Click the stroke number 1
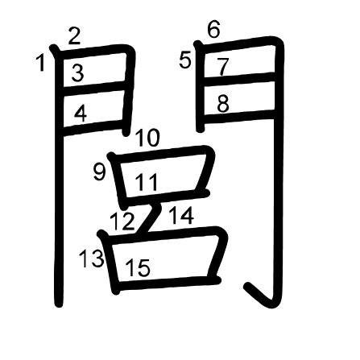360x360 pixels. (x=40, y=63)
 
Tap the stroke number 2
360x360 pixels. (x=74, y=36)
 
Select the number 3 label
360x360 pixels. (x=77, y=73)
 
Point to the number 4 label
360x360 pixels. (x=81, y=114)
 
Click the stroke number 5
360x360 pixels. (x=185, y=60)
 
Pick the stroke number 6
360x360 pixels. (x=213, y=29)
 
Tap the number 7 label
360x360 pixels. (x=223, y=67)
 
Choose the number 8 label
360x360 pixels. (x=223, y=104)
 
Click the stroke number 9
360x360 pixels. (x=99, y=172)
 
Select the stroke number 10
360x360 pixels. (x=147, y=138)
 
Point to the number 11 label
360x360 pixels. (x=147, y=182)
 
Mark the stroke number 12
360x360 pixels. (x=122, y=221)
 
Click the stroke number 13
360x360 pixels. (x=92, y=259)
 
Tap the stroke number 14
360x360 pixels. (x=181, y=215)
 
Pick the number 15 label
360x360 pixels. (x=138, y=267)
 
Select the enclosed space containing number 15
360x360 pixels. (x=164, y=259)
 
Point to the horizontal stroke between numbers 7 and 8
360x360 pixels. (x=239, y=78)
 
